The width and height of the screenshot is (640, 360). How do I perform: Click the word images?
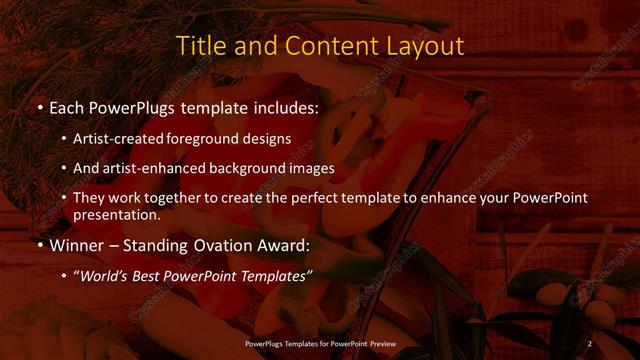(312, 168)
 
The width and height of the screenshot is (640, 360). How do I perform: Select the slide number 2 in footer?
(589, 344)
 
